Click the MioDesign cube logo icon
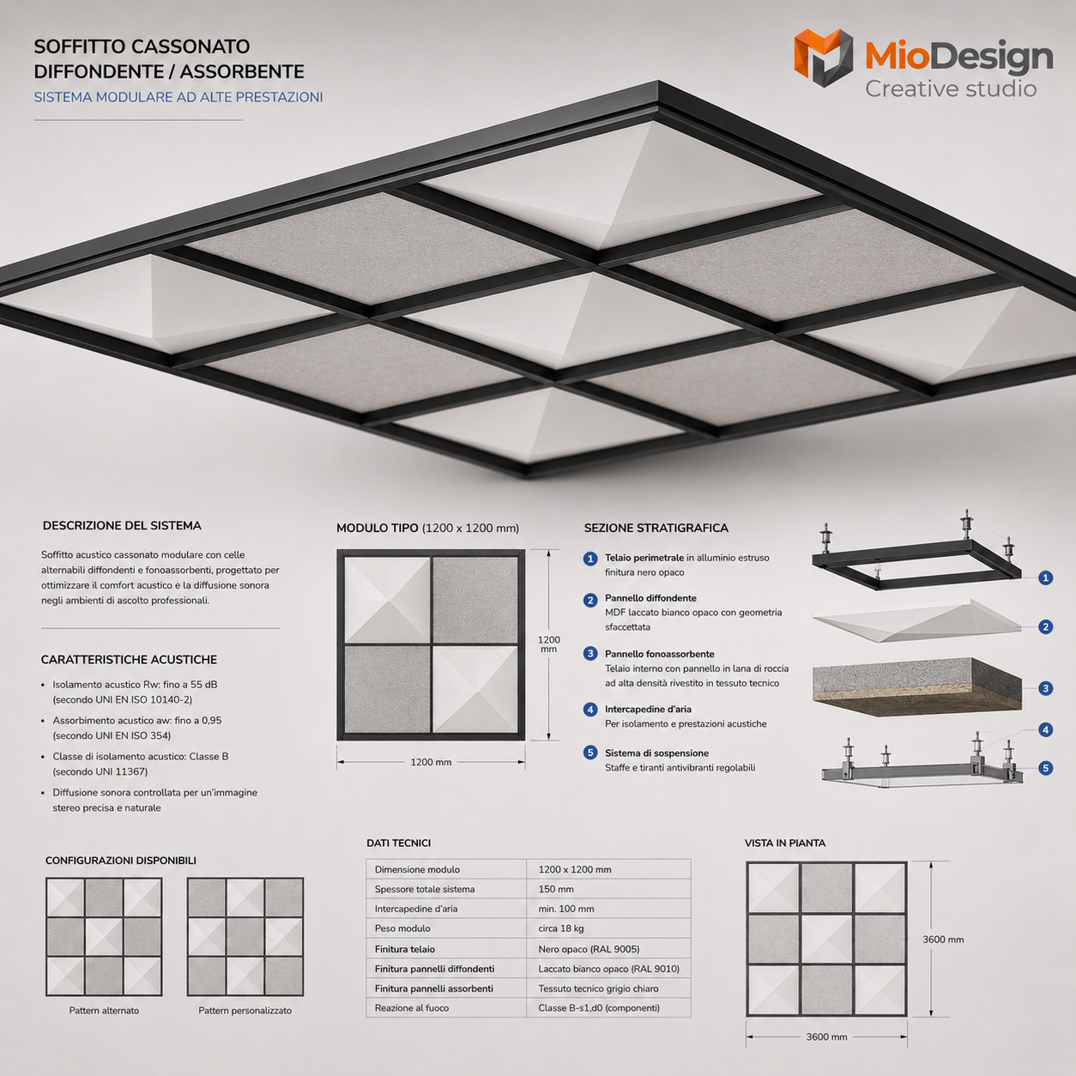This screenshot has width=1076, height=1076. coord(823,57)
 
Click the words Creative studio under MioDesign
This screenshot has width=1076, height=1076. coord(951,88)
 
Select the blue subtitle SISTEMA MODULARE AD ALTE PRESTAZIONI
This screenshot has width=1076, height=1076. coord(178,97)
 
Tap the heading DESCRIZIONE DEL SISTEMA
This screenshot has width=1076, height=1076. coord(122,525)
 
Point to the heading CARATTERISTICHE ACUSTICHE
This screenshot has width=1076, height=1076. coord(129,660)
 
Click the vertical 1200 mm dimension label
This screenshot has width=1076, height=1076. coord(548,644)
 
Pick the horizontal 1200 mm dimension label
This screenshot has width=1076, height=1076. coord(431,762)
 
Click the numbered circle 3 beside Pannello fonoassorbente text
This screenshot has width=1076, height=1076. coord(590,653)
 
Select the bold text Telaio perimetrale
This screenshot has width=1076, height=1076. coord(644,558)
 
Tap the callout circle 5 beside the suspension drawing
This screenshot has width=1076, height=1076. coord(1046,768)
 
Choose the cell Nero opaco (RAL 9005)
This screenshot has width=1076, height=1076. coord(589,949)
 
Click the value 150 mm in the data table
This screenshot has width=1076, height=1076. coord(555,889)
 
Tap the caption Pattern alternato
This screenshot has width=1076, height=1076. coord(104,1011)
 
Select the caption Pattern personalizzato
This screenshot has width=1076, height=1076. coord(245,1011)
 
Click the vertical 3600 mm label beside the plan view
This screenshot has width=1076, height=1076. coord(943,940)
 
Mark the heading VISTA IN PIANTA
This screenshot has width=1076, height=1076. coord(784,843)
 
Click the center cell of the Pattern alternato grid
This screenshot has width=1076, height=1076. coord(104,937)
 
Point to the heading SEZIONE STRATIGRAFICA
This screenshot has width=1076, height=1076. coord(656,528)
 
